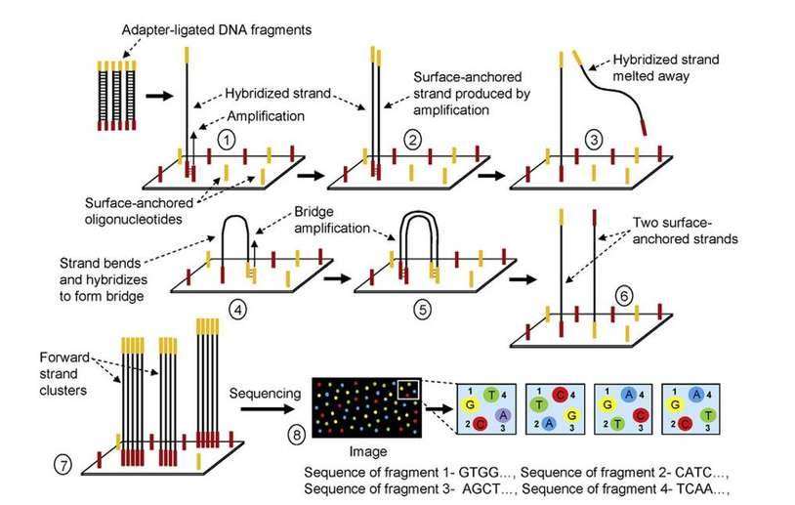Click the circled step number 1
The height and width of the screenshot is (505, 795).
click(x=227, y=140)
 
